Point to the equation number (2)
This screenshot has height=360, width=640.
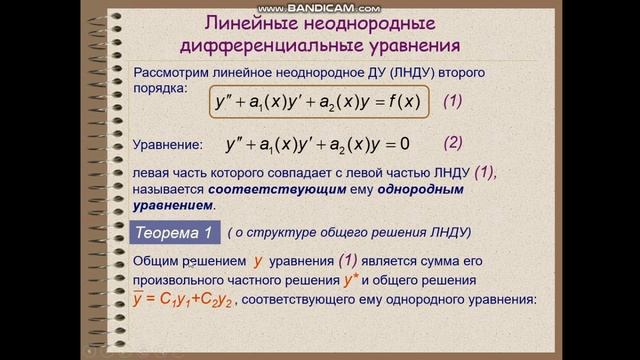pyautogui.click(x=453, y=142)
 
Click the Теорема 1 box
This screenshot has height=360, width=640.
pyautogui.click(x=173, y=233)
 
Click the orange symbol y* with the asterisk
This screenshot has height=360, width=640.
pyautogui.click(x=351, y=280)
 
